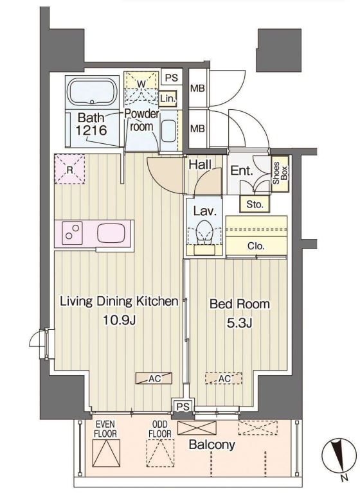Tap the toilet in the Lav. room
coord(204,232)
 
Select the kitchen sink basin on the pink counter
coord(111,233)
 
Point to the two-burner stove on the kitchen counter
coord(72,233)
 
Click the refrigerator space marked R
coord(69,169)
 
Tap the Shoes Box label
coord(280,173)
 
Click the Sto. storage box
coord(255,204)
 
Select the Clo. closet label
coord(256,246)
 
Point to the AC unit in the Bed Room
coord(224,378)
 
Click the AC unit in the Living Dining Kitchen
coord(154,378)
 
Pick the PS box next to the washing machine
coord(172,77)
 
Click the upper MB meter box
coord(197,88)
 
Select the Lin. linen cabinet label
coord(168,98)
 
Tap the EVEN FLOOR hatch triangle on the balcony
coord(106,453)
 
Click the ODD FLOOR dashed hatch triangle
coord(161,453)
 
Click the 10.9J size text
coord(120,319)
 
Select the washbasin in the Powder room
coord(168,131)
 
